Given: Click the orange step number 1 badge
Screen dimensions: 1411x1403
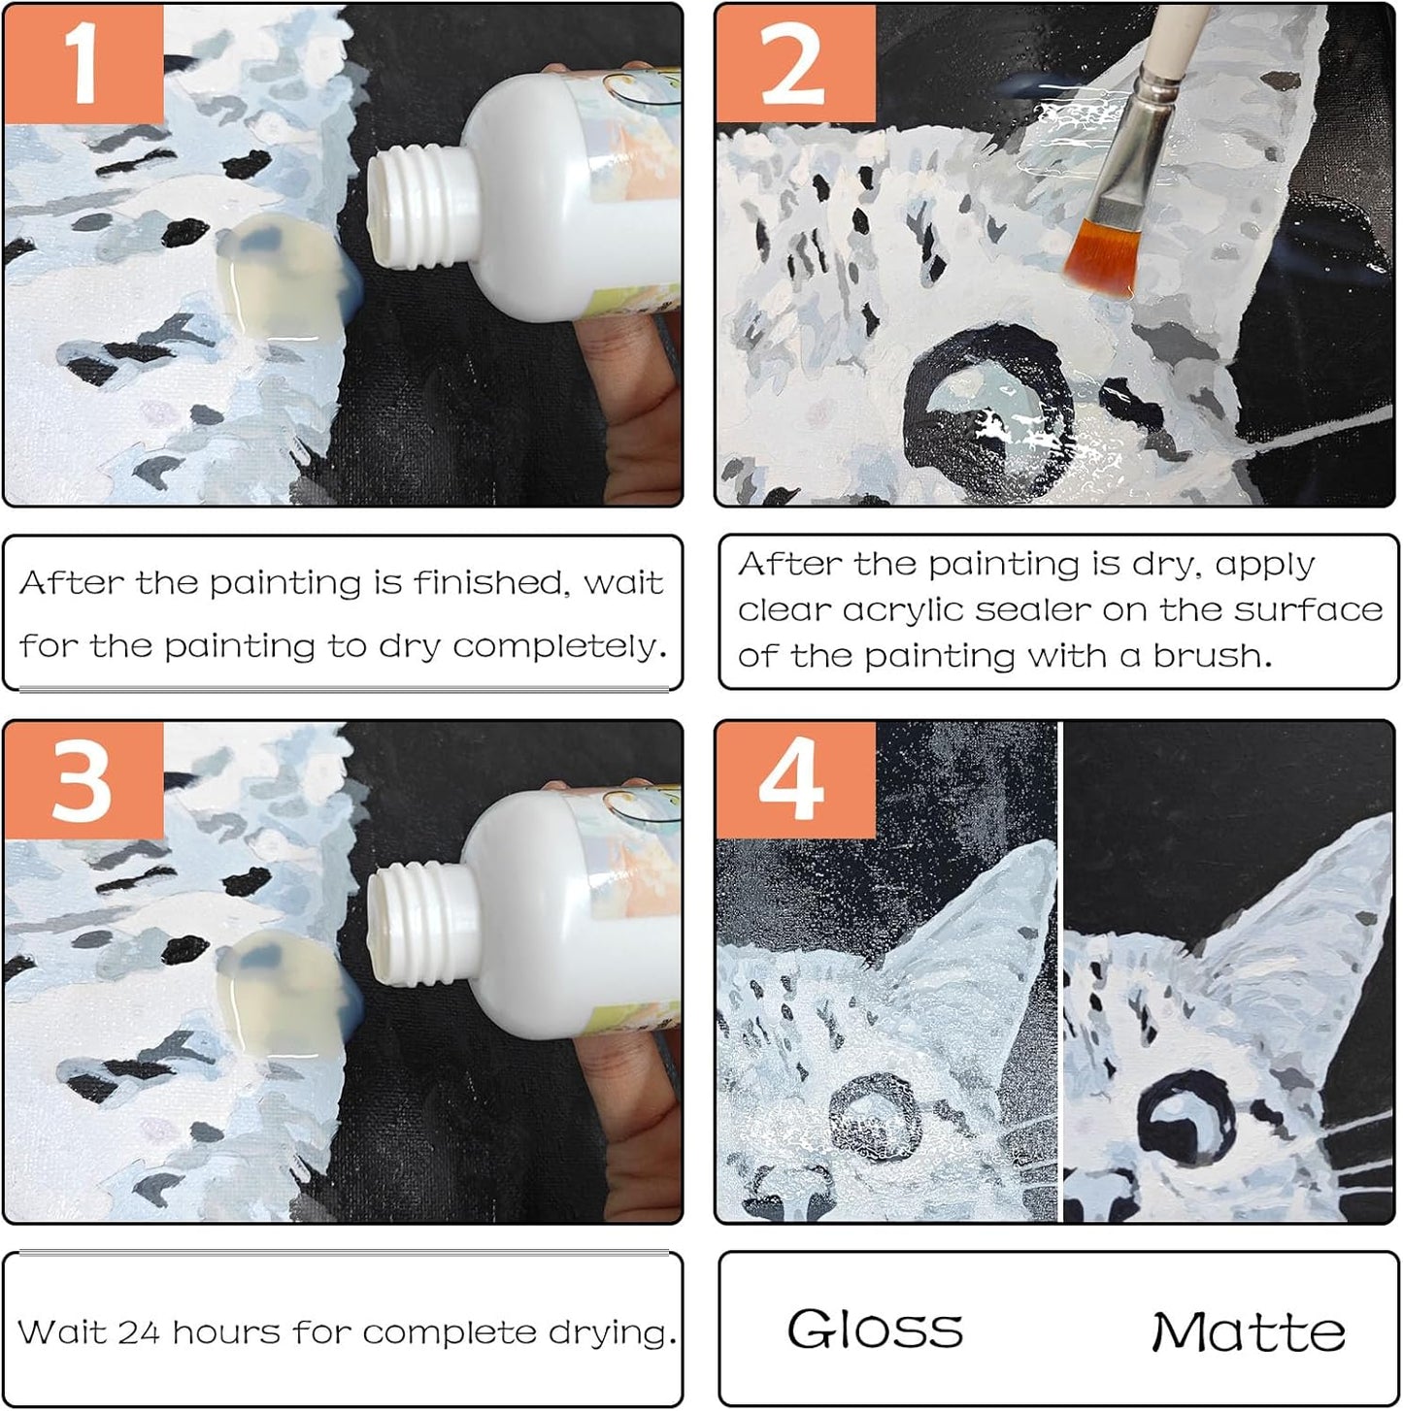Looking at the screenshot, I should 84,64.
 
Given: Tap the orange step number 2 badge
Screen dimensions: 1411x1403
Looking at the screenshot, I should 795,64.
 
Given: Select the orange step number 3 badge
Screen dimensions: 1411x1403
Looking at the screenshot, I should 84,780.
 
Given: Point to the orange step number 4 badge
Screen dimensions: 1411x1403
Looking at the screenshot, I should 795,780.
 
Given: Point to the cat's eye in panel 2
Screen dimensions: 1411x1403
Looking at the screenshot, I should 988,408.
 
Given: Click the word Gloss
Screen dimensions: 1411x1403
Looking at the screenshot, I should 875,1329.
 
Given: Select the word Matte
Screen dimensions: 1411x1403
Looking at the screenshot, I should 1249,1331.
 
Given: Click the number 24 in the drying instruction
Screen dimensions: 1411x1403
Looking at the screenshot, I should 137,1332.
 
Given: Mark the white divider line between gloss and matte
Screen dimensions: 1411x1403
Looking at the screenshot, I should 1060,970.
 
